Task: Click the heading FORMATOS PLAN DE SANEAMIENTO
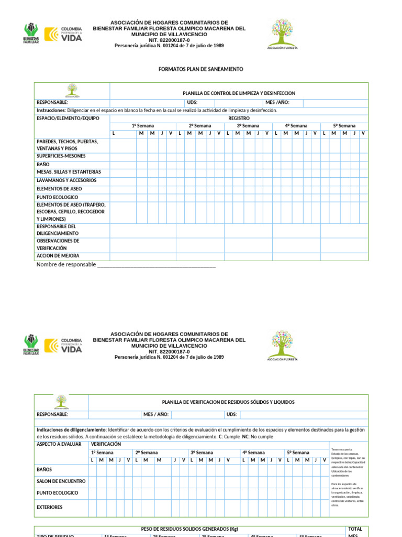200,69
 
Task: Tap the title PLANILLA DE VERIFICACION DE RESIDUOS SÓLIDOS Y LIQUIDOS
228,402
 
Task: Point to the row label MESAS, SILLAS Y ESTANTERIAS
69,172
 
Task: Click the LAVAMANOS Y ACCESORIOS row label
66,180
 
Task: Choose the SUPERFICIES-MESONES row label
61,156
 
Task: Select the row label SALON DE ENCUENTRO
61,481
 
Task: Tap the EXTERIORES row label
49,507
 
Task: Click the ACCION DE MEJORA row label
58,256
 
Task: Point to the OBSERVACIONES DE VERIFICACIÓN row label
58,244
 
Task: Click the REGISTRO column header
239,119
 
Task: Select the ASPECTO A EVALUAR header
59,444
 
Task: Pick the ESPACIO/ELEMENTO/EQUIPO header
66,119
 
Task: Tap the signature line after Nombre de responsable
157,265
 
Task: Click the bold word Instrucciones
51,111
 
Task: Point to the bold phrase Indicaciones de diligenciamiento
71,429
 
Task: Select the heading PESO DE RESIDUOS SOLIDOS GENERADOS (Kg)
189,529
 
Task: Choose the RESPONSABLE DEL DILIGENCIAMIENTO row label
58,230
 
